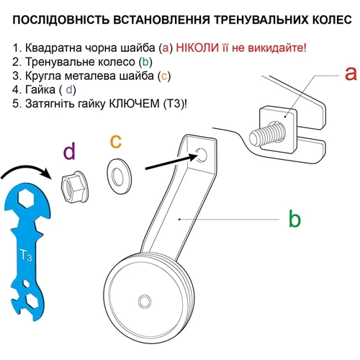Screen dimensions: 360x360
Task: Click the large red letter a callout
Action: point(351,73)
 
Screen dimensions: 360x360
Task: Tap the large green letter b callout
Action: point(294,218)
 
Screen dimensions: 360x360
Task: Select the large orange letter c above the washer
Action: point(116,141)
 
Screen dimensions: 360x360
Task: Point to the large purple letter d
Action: point(69,150)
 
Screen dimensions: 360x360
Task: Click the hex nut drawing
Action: point(74,186)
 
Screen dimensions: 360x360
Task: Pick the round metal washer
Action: point(119,176)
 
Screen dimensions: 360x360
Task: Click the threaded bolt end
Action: point(266,134)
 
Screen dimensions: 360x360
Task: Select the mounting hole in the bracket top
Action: point(201,155)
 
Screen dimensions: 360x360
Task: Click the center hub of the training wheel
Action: point(145,300)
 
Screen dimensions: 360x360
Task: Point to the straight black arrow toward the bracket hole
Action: point(171,162)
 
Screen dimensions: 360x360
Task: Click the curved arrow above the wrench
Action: point(26,169)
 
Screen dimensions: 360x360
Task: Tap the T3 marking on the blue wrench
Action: point(26,255)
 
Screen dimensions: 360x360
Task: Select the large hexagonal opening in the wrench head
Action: point(26,198)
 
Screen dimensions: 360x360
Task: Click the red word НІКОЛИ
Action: point(197,48)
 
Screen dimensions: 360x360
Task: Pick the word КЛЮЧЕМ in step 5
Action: point(134,104)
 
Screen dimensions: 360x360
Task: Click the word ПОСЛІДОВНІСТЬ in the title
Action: point(61,19)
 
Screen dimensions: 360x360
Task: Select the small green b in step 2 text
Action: point(145,62)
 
